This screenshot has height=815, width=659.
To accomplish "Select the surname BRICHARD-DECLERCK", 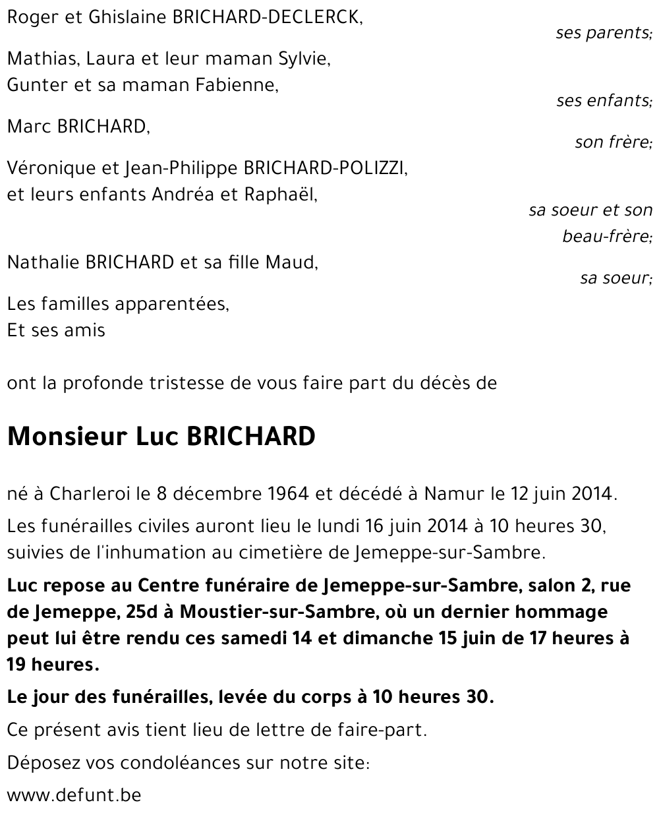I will click(x=267, y=18).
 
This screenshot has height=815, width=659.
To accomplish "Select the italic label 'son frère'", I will click(x=613, y=142).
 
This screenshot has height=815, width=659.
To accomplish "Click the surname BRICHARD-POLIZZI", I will click(x=326, y=168).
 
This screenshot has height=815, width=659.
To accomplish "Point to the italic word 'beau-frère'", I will click(x=607, y=236).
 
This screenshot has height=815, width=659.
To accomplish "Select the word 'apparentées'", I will click(x=172, y=304).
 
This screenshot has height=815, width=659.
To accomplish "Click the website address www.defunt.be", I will click(x=74, y=795).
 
